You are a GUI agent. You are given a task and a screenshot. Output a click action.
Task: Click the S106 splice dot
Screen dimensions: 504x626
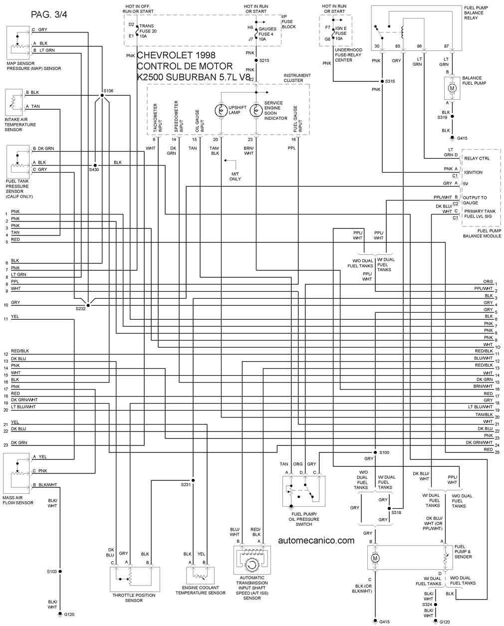(102, 95)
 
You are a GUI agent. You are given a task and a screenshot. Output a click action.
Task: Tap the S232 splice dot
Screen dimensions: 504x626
(88, 305)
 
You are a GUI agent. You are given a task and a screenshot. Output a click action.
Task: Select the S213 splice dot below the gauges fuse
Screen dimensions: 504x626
(256, 60)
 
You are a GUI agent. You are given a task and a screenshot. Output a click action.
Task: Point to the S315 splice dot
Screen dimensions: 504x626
(382, 81)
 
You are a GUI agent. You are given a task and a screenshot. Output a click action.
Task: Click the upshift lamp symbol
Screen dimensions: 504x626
(221, 111)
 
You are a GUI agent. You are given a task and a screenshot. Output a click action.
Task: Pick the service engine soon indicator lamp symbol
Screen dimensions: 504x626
(256, 111)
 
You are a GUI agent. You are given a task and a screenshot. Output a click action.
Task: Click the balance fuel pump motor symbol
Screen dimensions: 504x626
(452, 88)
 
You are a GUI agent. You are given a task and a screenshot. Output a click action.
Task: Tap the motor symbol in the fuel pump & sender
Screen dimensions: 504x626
(375, 558)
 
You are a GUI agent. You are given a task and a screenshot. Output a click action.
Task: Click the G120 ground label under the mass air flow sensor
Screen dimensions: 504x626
(69, 615)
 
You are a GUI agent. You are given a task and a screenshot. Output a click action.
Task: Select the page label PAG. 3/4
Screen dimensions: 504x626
(49, 14)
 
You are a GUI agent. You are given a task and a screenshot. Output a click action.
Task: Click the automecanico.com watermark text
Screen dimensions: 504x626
(316, 541)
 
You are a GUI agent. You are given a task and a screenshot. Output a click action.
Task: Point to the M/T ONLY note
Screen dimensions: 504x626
(235, 176)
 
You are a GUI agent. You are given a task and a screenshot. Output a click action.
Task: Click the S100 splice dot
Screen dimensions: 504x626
(375, 452)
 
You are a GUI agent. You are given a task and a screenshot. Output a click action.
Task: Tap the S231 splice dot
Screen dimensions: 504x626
(193, 480)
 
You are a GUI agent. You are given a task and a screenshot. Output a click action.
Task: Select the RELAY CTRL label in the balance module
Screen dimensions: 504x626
(477, 159)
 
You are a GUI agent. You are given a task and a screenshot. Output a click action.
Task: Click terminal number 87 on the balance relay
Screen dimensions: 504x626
(447, 46)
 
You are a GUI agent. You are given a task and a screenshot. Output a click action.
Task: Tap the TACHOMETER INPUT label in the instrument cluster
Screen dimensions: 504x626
(157, 118)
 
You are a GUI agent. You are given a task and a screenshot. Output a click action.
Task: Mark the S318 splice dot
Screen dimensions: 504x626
(389, 508)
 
